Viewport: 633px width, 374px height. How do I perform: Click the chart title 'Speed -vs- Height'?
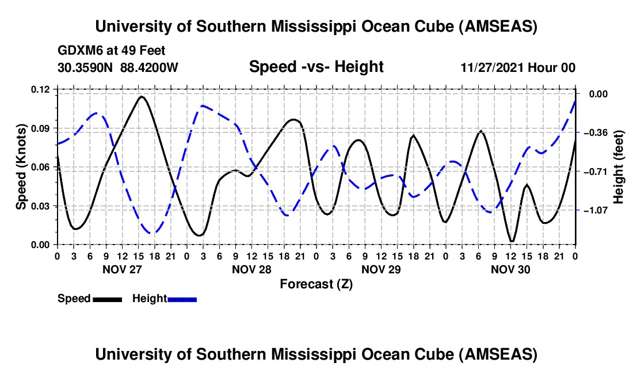316,67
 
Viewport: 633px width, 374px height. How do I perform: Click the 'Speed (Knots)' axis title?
21,167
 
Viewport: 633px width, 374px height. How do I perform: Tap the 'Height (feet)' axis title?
619,167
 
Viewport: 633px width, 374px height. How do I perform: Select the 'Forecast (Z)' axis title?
316,284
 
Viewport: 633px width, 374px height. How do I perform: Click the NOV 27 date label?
121,269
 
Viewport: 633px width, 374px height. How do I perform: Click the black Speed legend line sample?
107,299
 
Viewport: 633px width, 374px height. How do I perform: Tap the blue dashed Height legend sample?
182,299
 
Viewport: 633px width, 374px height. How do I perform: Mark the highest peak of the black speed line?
141,97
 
